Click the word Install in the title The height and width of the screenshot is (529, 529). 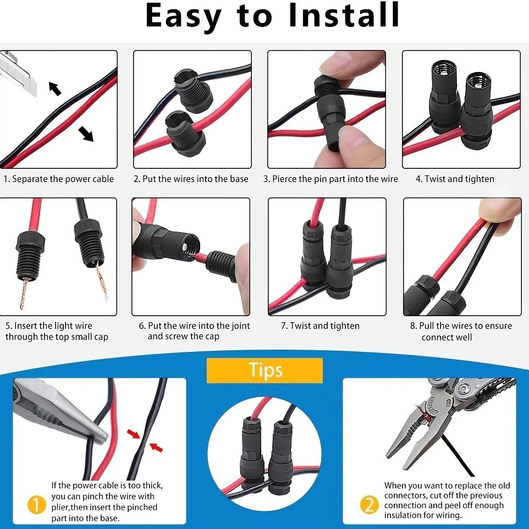pos(344,16)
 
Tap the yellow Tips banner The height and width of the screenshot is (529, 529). pos(264,370)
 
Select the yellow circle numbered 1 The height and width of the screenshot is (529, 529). pos(36,503)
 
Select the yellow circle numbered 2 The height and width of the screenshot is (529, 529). pos(367,503)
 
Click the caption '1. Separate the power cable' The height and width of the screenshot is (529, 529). pos(59,179)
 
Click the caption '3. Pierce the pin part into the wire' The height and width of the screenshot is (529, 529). pos(330,179)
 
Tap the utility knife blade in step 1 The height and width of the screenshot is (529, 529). pos(16,71)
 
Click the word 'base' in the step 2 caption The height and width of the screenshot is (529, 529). pos(239,179)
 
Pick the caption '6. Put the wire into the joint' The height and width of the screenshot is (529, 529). pos(194,326)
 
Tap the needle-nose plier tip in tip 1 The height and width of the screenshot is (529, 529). pos(99,437)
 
